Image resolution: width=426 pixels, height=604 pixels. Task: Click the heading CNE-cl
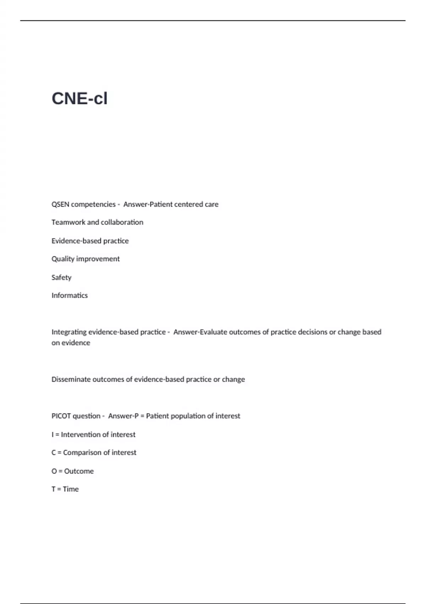click(80, 98)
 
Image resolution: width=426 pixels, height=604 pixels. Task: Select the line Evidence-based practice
click(90, 241)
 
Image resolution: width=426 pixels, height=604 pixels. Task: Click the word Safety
click(61, 277)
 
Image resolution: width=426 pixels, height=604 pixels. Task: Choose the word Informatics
click(70, 296)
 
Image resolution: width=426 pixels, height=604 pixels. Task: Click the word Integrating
click(69, 332)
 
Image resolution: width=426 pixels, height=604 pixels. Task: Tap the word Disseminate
click(71, 379)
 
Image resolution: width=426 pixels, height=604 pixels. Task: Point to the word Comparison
click(82, 453)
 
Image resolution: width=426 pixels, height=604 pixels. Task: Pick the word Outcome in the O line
click(79, 471)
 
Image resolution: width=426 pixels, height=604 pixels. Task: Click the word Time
click(71, 489)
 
